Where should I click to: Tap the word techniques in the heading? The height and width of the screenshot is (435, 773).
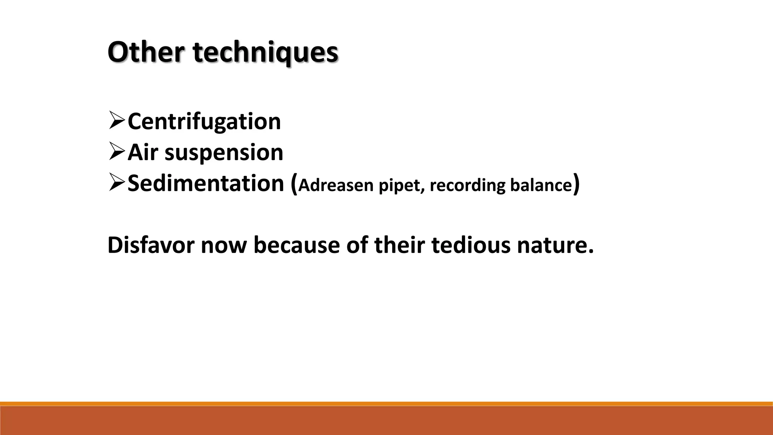click(x=266, y=53)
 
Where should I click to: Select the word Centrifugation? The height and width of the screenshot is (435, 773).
click(x=204, y=122)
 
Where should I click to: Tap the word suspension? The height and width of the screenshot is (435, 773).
click(x=224, y=153)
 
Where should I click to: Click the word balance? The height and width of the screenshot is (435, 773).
click(x=541, y=185)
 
